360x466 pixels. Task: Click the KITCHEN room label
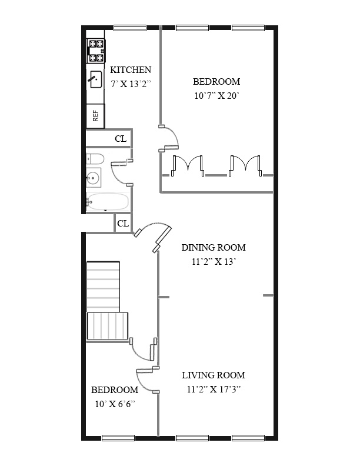[x=131, y=70]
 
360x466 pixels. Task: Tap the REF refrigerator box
[x=95, y=116]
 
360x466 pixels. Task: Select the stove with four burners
[x=96, y=51]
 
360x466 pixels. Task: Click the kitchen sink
[x=96, y=79]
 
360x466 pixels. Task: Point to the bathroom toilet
[x=95, y=159]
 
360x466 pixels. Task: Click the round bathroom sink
[x=94, y=178]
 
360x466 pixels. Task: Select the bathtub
[x=107, y=202]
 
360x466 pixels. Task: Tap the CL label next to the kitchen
[x=121, y=139]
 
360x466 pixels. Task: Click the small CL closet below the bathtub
[x=123, y=223]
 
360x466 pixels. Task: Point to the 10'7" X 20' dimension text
[x=217, y=96]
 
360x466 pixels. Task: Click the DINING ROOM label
[x=214, y=247]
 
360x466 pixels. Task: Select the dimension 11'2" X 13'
[x=214, y=262]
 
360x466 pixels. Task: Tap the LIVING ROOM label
[x=214, y=375]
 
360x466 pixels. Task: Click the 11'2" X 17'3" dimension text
[x=214, y=390]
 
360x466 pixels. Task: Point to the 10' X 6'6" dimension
[x=115, y=404]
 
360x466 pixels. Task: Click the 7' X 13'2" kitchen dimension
[x=131, y=84]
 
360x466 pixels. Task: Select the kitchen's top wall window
[x=130, y=28]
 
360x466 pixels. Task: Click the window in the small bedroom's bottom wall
[x=118, y=438]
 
